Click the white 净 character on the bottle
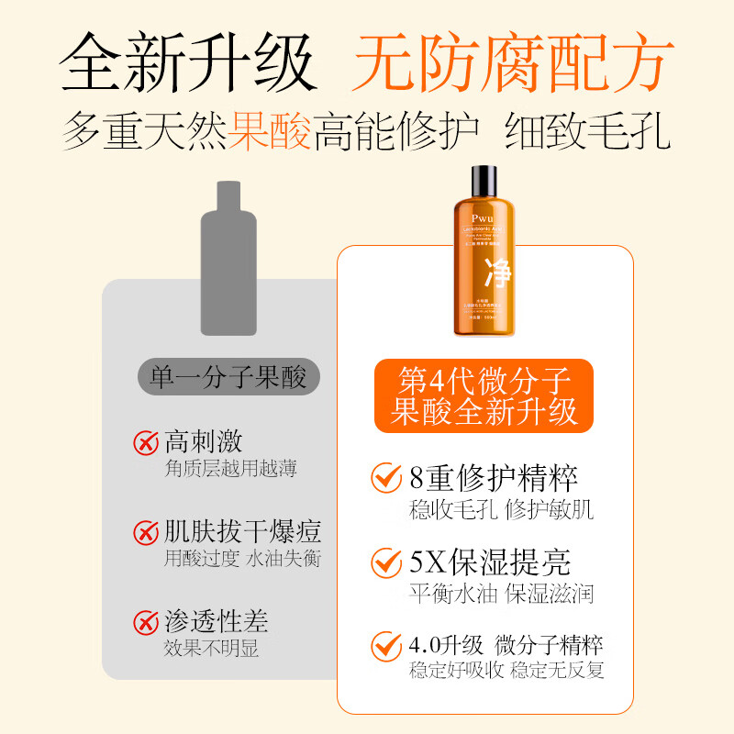[498, 273]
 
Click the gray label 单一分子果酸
[228, 376]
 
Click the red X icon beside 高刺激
[145, 443]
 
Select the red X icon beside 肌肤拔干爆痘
[145, 532]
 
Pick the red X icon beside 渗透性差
[145, 623]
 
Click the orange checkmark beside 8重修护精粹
[386, 479]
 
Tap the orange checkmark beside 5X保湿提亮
[386, 562]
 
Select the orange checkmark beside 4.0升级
[386, 645]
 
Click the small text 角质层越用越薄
[230, 469]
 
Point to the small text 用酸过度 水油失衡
[242, 558]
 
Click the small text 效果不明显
[211, 649]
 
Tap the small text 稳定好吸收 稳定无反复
[506, 671]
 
